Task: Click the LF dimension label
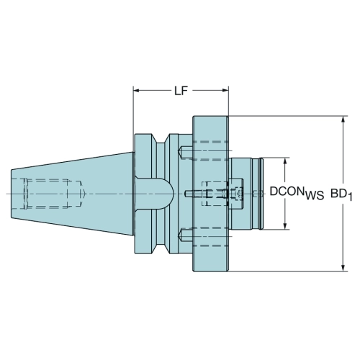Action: coord(181,91)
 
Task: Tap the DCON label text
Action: coord(286,192)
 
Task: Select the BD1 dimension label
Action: coord(341,194)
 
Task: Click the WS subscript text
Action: coord(315,196)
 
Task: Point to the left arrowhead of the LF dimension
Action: coord(136,91)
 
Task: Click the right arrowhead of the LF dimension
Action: coord(225,91)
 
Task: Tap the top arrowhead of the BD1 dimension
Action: coord(343,120)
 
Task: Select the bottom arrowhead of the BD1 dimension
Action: coord(343,268)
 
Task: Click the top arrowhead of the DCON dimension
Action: coord(285,161)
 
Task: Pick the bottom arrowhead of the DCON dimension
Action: coord(285,226)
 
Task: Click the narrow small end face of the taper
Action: coord(12,194)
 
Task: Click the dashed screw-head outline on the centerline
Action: coord(235,194)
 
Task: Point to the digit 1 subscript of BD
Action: coord(350,197)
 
